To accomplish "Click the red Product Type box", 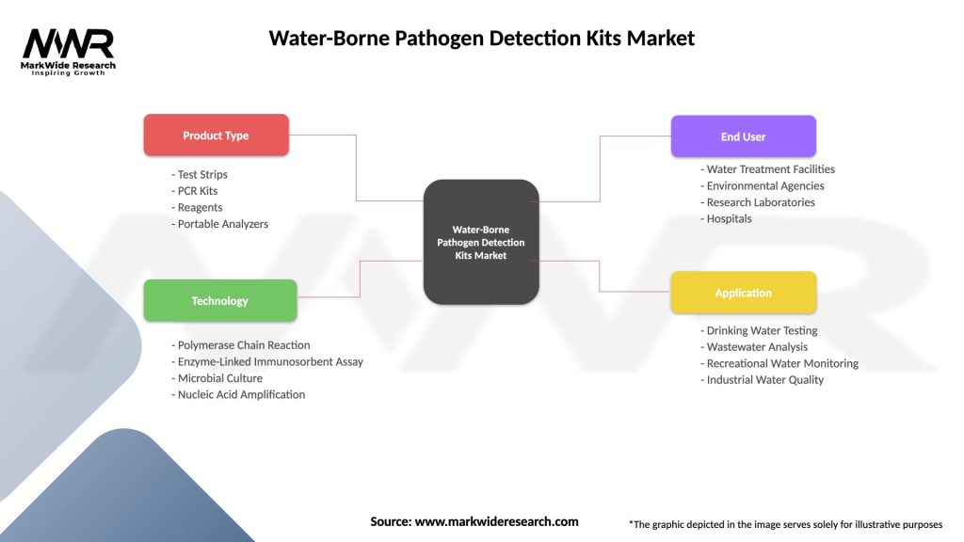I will click(x=216, y=135).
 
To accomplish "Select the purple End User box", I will click(x=743, y=136).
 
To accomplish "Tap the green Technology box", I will click(x=219, y=301).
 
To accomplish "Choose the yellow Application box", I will click(x=743, y=293).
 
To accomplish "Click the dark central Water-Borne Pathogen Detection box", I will click(x=481, y=242).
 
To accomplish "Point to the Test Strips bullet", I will click(x=201, y=175).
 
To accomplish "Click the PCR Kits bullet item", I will click(x=197, y=191).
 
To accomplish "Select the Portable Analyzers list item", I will click(x=221, y=224).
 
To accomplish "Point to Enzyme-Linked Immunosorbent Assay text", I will click(x=268, y=362).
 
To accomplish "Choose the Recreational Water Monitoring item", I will click(x=779, y=363).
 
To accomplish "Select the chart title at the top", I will click(x=481, y=39).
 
